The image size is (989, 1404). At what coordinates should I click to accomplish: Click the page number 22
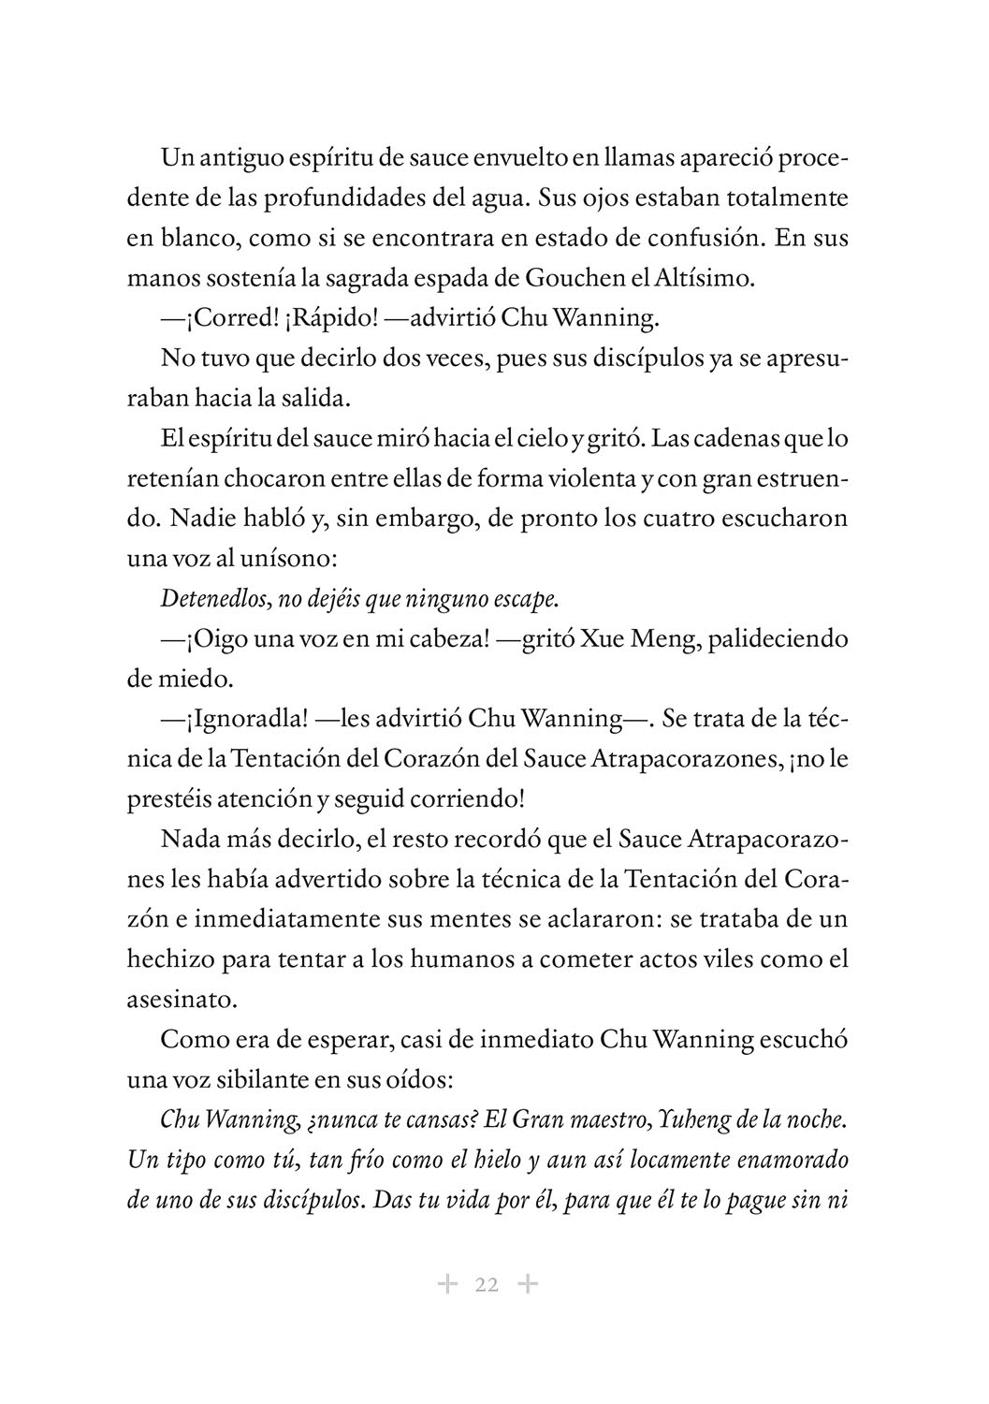487,1284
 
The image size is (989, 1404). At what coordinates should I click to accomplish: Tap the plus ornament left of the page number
447,1284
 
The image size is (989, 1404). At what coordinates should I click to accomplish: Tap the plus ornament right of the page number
528,1284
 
